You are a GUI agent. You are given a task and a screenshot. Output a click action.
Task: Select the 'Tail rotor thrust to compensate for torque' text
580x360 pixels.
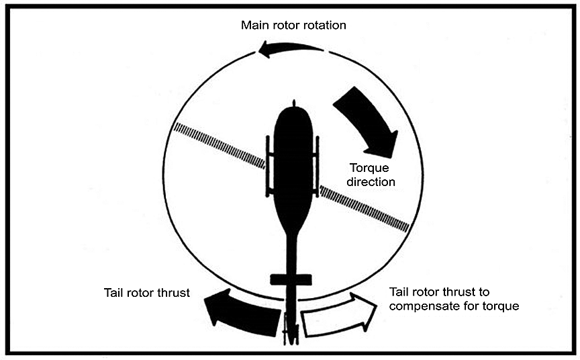454,299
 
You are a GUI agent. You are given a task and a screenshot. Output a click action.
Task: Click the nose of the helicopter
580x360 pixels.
293,109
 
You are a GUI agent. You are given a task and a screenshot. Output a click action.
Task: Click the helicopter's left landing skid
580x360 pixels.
268,165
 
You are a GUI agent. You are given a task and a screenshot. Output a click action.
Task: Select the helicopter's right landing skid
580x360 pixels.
318,165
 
